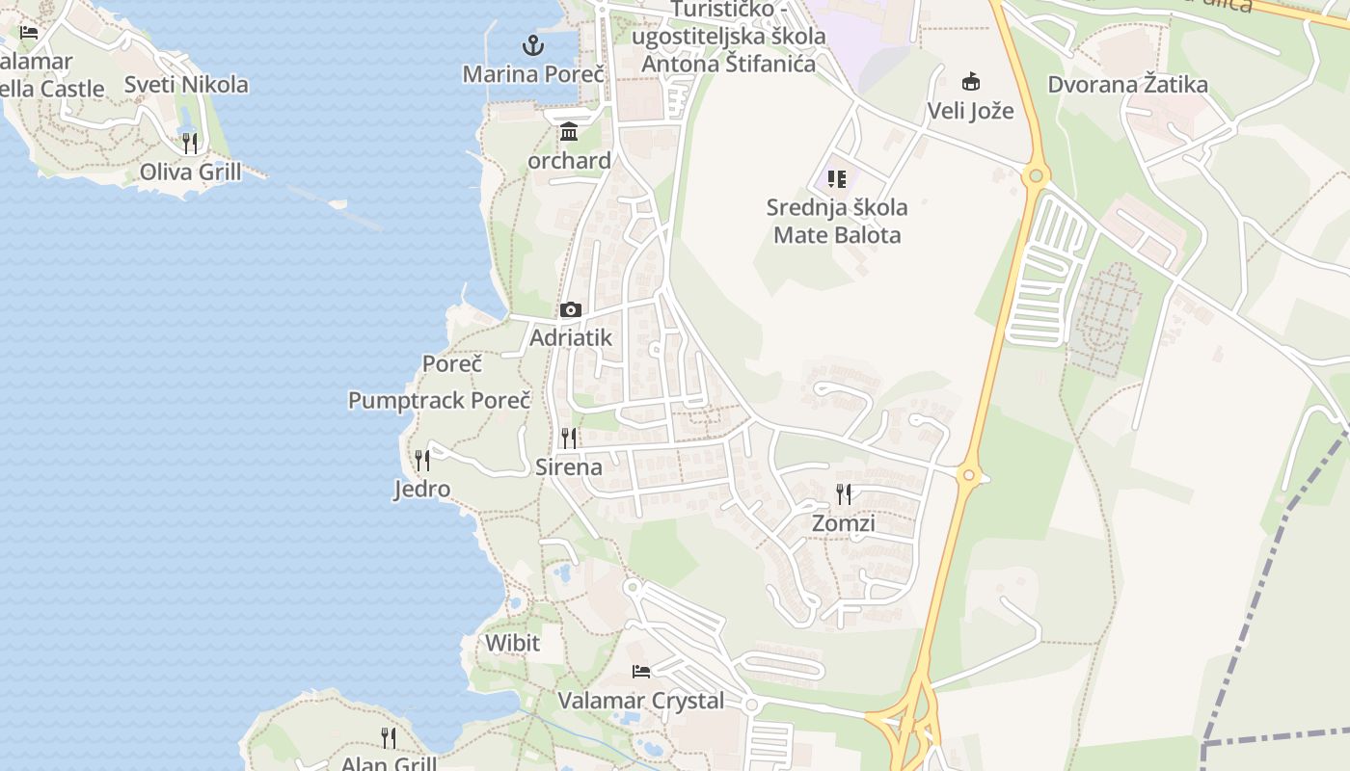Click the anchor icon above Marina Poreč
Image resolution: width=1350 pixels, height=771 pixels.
[531, 44]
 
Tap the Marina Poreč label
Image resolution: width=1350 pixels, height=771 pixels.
[533, 74]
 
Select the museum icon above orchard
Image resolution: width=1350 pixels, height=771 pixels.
[569, 132]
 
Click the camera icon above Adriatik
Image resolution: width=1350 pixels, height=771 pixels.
[571, 309]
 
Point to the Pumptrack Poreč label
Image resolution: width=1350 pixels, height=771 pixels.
[440, 401]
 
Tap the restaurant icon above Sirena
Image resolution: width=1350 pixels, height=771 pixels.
[569, 439]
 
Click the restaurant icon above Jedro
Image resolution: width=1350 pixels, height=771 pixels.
[421, 461]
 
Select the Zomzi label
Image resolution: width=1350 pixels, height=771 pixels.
[844, 523]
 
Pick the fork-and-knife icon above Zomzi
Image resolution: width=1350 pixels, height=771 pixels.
[844, 494]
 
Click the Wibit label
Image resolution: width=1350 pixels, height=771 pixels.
[512, 643]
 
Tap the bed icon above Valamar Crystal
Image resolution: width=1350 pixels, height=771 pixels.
[641, 671]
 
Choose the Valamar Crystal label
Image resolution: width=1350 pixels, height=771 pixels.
[641, 701]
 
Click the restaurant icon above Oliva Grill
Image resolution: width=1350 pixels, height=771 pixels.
[190, 144]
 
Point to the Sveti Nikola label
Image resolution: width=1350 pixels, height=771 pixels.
[186, 85]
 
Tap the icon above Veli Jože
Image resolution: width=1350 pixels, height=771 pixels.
[970, 82]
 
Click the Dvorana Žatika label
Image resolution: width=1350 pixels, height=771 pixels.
[1128, 85]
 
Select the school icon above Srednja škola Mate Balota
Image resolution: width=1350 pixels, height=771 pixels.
[836, 179]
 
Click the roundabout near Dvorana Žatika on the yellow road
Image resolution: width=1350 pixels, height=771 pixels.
[1037, 175]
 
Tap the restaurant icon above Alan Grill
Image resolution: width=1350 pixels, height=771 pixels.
[389, 738]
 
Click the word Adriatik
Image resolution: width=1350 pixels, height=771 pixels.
[571, 338]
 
